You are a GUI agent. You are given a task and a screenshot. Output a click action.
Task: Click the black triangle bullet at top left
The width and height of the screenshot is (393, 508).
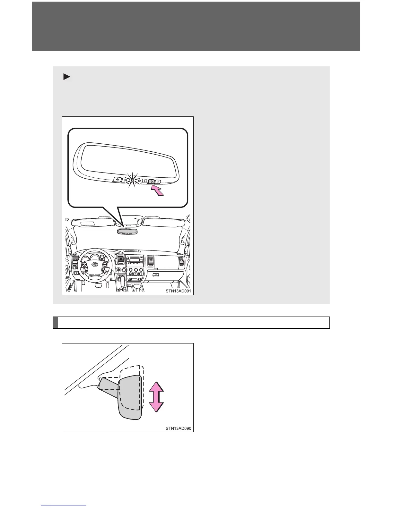(x=66, y=77)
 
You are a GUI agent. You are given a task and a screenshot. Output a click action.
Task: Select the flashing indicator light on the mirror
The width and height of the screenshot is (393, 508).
(x=132, y=180)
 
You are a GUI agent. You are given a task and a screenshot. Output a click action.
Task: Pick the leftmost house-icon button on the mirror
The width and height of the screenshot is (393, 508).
(x=117, y=180)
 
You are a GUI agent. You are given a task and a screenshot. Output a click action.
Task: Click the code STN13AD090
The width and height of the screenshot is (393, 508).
(x=178, y=428)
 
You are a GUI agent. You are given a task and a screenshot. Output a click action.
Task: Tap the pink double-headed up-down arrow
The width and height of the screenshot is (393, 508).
(x=156, y=397)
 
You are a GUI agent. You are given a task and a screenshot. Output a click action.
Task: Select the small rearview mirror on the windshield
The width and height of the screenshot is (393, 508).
(x=127, y=231)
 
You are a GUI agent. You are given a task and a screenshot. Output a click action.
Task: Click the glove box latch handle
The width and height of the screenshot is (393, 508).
(x=156, y=275)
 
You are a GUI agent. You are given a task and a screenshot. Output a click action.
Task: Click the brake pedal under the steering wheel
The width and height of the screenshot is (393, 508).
(x=98, y=285)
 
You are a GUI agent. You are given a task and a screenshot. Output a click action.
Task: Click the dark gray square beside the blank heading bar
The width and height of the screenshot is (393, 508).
(x=55, y=322)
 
